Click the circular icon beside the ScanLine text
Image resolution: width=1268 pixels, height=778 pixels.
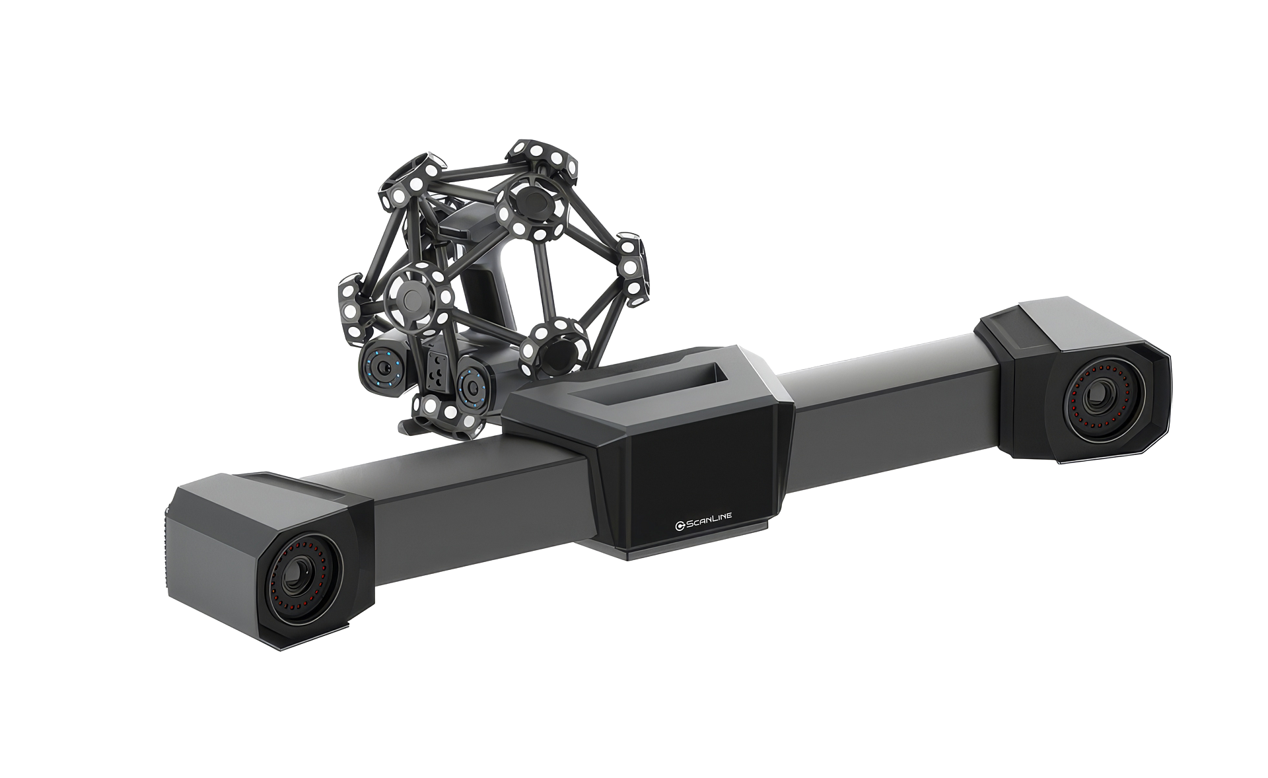[679, 526]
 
